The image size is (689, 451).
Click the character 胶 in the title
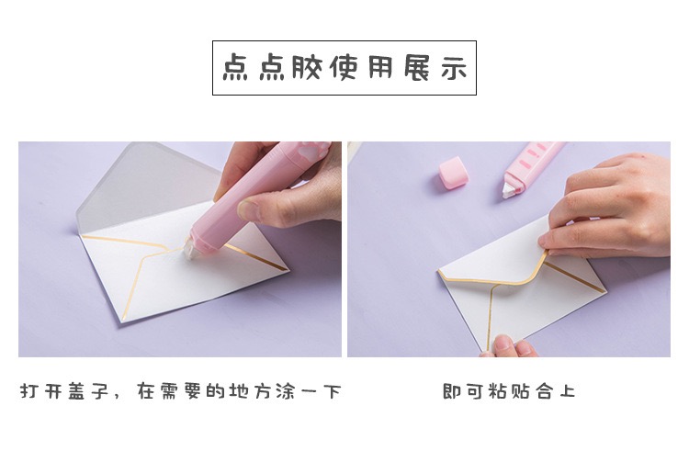[x=306, y=68]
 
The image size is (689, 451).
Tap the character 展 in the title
[x=416, y=68]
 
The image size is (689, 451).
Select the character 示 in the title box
[x=454, y=69]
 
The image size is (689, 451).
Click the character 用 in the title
[x=380, y=68]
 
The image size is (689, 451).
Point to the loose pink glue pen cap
[x=453, y=173]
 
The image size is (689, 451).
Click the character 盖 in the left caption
[x=76, y=391]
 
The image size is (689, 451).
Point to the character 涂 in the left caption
[x=286, y=391]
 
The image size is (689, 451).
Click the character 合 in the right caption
[x=544, y=391]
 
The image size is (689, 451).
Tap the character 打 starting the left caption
[x=29, y=391]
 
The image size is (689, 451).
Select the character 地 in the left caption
[x=240, y=391]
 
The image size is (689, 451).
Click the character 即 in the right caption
[x=451, y=391]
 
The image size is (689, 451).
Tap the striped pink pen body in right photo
[x=533, y=162]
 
